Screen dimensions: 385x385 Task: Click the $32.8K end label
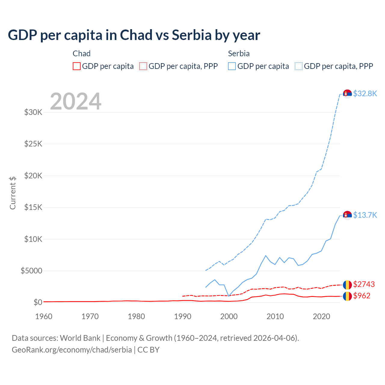coord(365,94)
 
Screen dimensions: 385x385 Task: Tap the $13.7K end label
coord(365,215)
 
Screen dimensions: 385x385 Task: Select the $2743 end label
coord(364,284)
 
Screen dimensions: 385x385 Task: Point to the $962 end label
coord(362,296)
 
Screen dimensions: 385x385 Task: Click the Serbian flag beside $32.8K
coord(347,94)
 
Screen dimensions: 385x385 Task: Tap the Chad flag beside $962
coord(347,296)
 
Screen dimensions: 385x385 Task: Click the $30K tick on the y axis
coord(33,112)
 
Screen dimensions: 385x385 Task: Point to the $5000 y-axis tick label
coord(32,271)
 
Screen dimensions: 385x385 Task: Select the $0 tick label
coord(38,302)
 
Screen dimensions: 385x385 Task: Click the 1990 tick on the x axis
coord(183,316)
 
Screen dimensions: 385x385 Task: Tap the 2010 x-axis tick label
coord(275,316)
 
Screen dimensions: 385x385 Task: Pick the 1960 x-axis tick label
coord(44,316)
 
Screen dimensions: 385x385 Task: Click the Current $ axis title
coord(13,193)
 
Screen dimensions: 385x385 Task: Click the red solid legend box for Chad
coord(77,66)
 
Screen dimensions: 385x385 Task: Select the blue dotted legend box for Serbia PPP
coord(299,66)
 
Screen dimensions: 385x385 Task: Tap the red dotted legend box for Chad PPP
coord(143,66)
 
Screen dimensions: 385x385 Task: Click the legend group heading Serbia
coord(239,54)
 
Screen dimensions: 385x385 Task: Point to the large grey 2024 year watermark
coord(75,101)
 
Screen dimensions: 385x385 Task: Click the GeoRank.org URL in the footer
coord(72,350)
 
